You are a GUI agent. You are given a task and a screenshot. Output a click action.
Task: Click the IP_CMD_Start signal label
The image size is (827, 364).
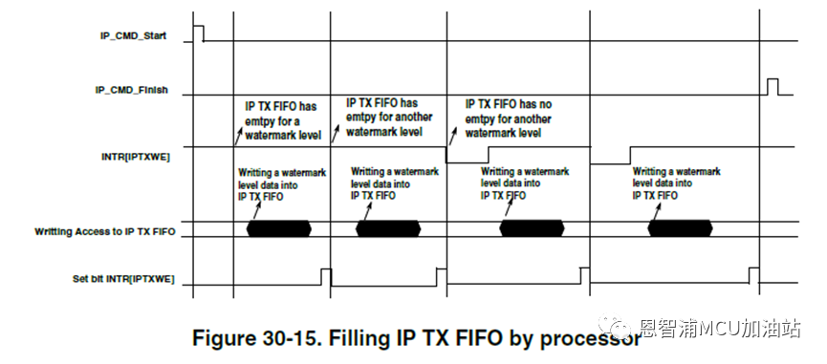coord(134,35)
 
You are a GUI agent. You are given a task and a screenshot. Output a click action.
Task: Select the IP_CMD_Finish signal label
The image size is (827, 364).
coord(131,90)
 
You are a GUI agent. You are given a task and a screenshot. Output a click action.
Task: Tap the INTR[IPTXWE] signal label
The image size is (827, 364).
coord(136,157)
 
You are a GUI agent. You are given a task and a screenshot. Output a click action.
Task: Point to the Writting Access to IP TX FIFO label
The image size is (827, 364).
coord(105,232)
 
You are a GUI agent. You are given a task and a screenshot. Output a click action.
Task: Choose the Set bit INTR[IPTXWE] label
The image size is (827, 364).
coord(123,279)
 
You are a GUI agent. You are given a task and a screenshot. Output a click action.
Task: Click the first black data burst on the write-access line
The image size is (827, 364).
coord(279,229)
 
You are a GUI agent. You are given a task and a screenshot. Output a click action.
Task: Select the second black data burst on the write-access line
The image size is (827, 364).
coord(388,229)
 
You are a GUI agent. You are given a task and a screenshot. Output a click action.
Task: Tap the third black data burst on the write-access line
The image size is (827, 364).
coord(532,229)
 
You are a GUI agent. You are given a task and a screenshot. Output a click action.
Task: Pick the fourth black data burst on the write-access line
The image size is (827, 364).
coord(680,229)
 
